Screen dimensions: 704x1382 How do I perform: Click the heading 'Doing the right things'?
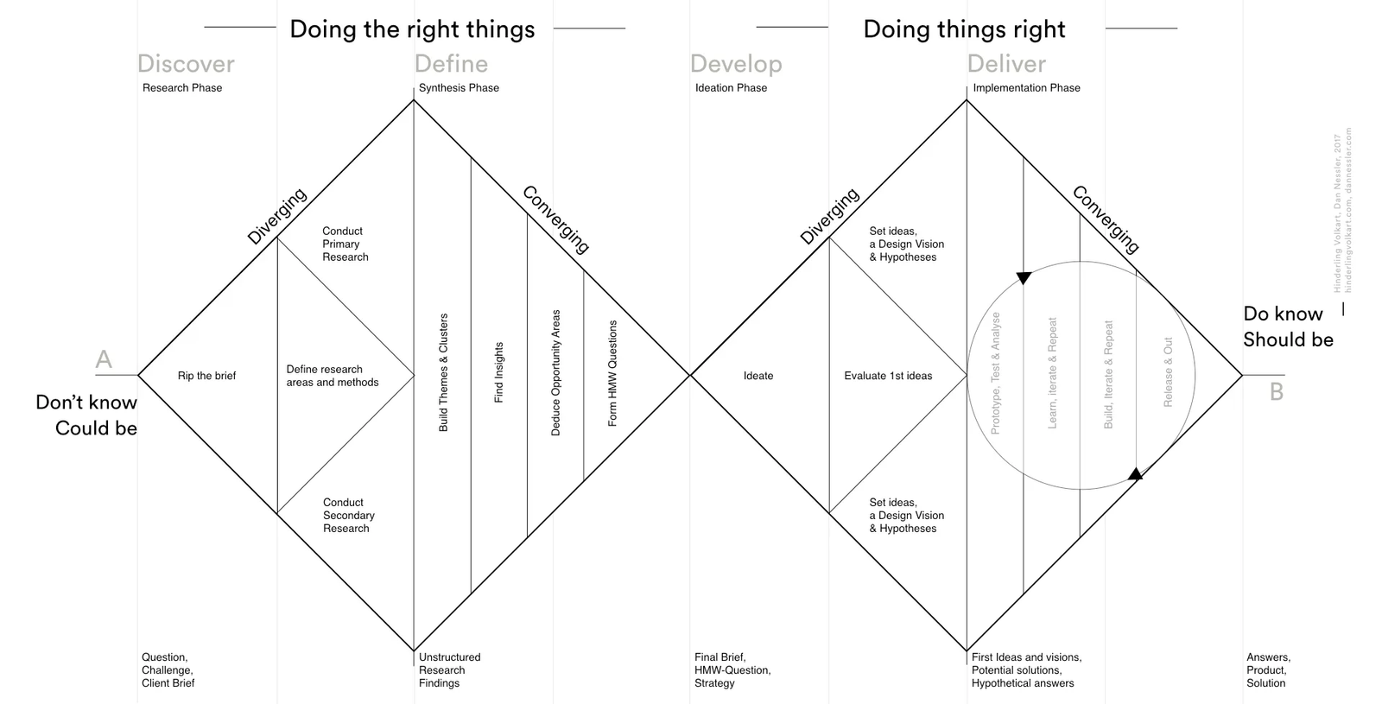click(x=412, y=29)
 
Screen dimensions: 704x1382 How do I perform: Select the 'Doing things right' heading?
click(x=964, y=29)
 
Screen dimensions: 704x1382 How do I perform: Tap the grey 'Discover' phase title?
click(x=186, y=64)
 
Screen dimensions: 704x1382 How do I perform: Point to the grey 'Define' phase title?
click(x=451, y=64)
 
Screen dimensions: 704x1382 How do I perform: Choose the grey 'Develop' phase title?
click(x=736, y=64)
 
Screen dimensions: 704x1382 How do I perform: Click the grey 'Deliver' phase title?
click(x=1006, y=64)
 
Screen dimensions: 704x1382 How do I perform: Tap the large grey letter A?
click(x=104, y=359)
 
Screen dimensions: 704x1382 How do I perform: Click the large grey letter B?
click(x=1277, y=392)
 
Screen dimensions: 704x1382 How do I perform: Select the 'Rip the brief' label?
click(x=206, y=376)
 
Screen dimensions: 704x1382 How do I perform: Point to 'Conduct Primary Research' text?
click(x=345, y=244)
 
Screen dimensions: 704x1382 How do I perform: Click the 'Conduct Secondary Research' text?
click(x=348, y=515)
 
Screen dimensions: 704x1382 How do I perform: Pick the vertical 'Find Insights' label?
click(x=498, y=372)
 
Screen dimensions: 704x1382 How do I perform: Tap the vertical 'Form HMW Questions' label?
click(x=612, y=373)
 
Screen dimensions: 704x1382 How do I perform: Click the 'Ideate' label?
click(x=758, y=376)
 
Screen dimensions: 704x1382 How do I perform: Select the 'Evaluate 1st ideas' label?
click(x=888, y=376)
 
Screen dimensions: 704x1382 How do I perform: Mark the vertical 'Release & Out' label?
click(x=1168, y=372)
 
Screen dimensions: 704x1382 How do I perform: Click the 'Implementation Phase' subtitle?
click(x=1026, y=88)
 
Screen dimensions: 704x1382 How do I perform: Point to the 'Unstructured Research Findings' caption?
click(x=449, y=669)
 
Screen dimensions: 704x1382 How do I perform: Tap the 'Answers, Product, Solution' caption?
click(x=1268, y=669)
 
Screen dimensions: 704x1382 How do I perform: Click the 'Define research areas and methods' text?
click(x=333, y=376)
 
